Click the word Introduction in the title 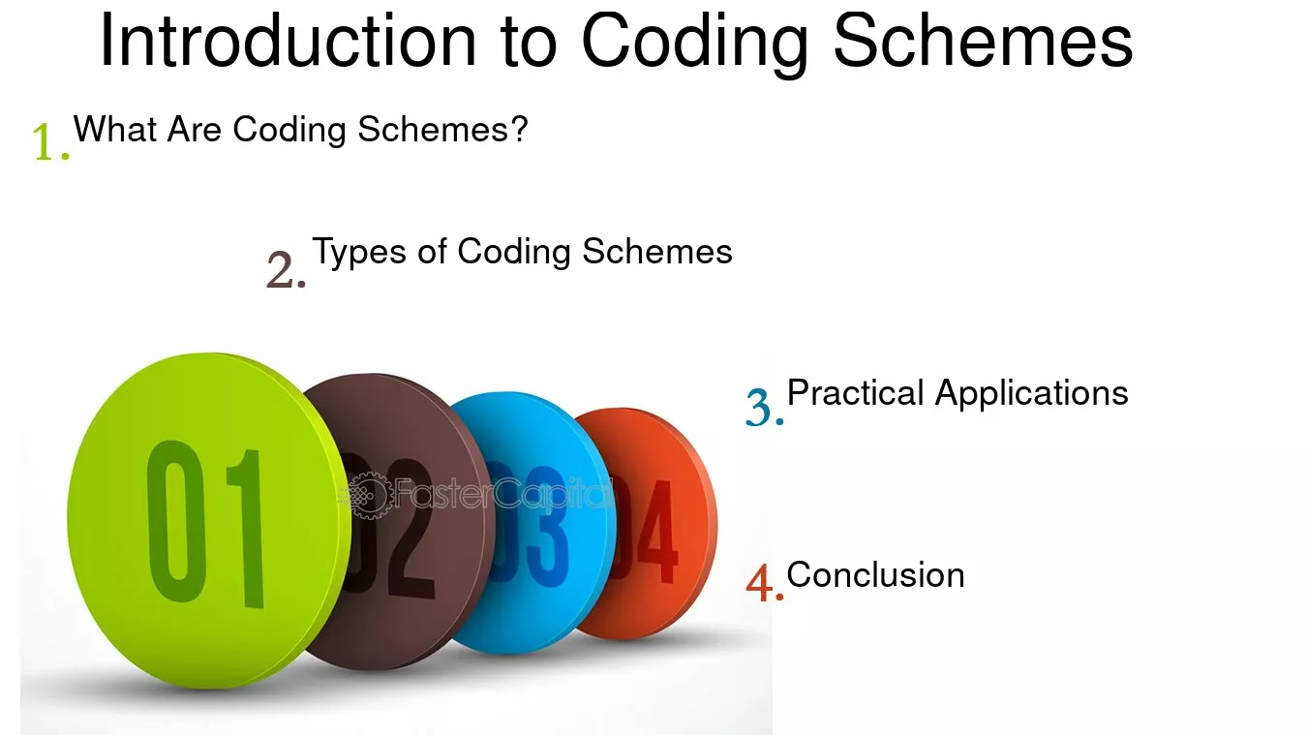(289, 41)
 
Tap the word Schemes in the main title (984, 41)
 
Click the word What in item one (115, 129)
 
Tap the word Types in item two (359, 253)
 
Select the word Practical (856, 392)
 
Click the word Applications (1032, 394)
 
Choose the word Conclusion (876, 575)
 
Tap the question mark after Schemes (518, 129)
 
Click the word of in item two (433, 252)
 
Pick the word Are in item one (195, 129)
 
